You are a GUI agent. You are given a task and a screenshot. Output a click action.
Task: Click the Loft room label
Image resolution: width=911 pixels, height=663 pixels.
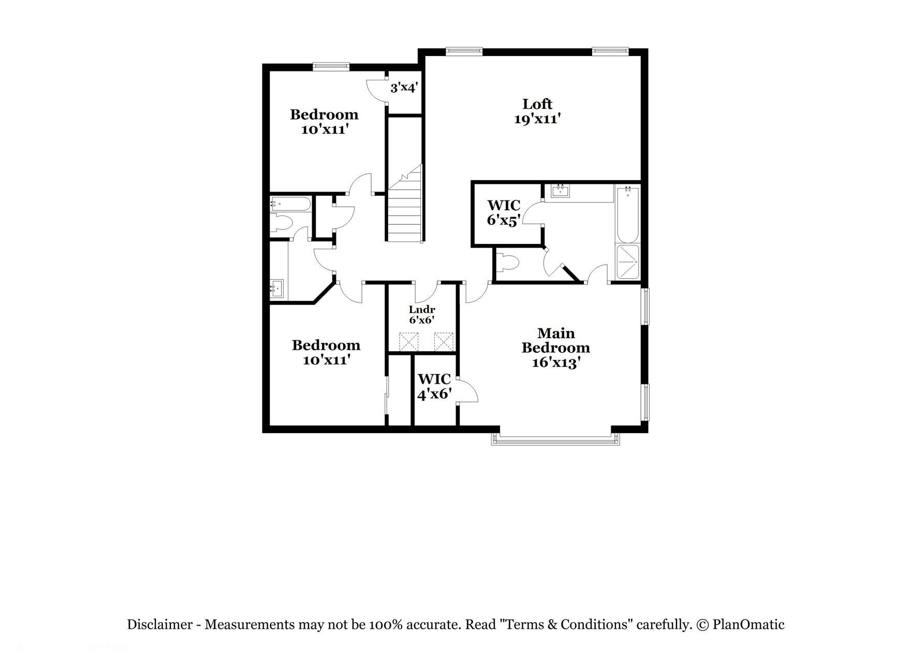point(537,104)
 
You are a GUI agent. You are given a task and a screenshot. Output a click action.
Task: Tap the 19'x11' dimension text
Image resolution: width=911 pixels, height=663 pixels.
point(537,119)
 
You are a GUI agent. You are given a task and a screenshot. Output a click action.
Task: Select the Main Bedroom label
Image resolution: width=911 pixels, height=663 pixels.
point(555,340)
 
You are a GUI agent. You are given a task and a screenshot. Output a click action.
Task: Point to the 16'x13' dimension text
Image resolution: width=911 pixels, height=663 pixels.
point(555,363)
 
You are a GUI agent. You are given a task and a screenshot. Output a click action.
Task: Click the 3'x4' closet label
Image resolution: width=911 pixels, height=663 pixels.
point(403,88)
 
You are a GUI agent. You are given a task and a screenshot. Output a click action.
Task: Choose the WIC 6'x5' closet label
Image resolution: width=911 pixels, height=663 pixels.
point(503,212)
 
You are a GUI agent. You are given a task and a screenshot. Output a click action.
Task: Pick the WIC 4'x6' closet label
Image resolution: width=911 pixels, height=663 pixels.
point(434,386)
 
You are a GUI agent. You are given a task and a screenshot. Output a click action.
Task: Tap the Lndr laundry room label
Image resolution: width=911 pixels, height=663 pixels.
point(422,310)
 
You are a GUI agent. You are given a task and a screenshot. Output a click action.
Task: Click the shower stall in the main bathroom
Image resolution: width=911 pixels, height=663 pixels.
point(627,263)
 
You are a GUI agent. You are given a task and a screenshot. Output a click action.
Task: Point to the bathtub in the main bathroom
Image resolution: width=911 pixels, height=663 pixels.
point(627,215)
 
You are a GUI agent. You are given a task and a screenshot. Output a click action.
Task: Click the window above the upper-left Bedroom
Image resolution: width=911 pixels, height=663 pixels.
point(331,66)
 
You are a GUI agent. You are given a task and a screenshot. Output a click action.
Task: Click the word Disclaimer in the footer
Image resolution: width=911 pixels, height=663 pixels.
point(159,625)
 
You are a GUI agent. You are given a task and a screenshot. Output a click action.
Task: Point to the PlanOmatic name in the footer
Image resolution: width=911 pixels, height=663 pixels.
point(748,625)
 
